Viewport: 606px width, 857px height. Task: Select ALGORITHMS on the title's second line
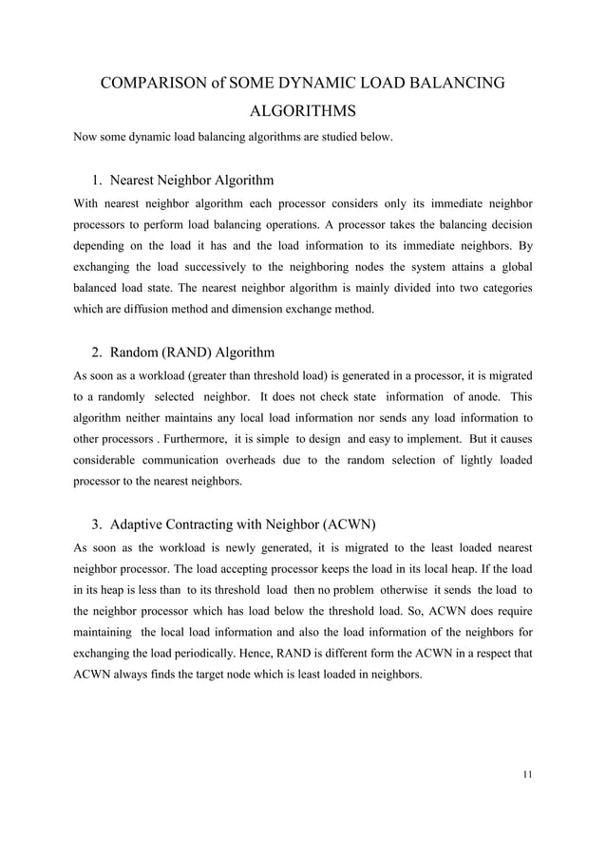[303, 111]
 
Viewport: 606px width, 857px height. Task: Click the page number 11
[527, 773]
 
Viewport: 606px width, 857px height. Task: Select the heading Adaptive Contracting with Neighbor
[242, 524]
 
